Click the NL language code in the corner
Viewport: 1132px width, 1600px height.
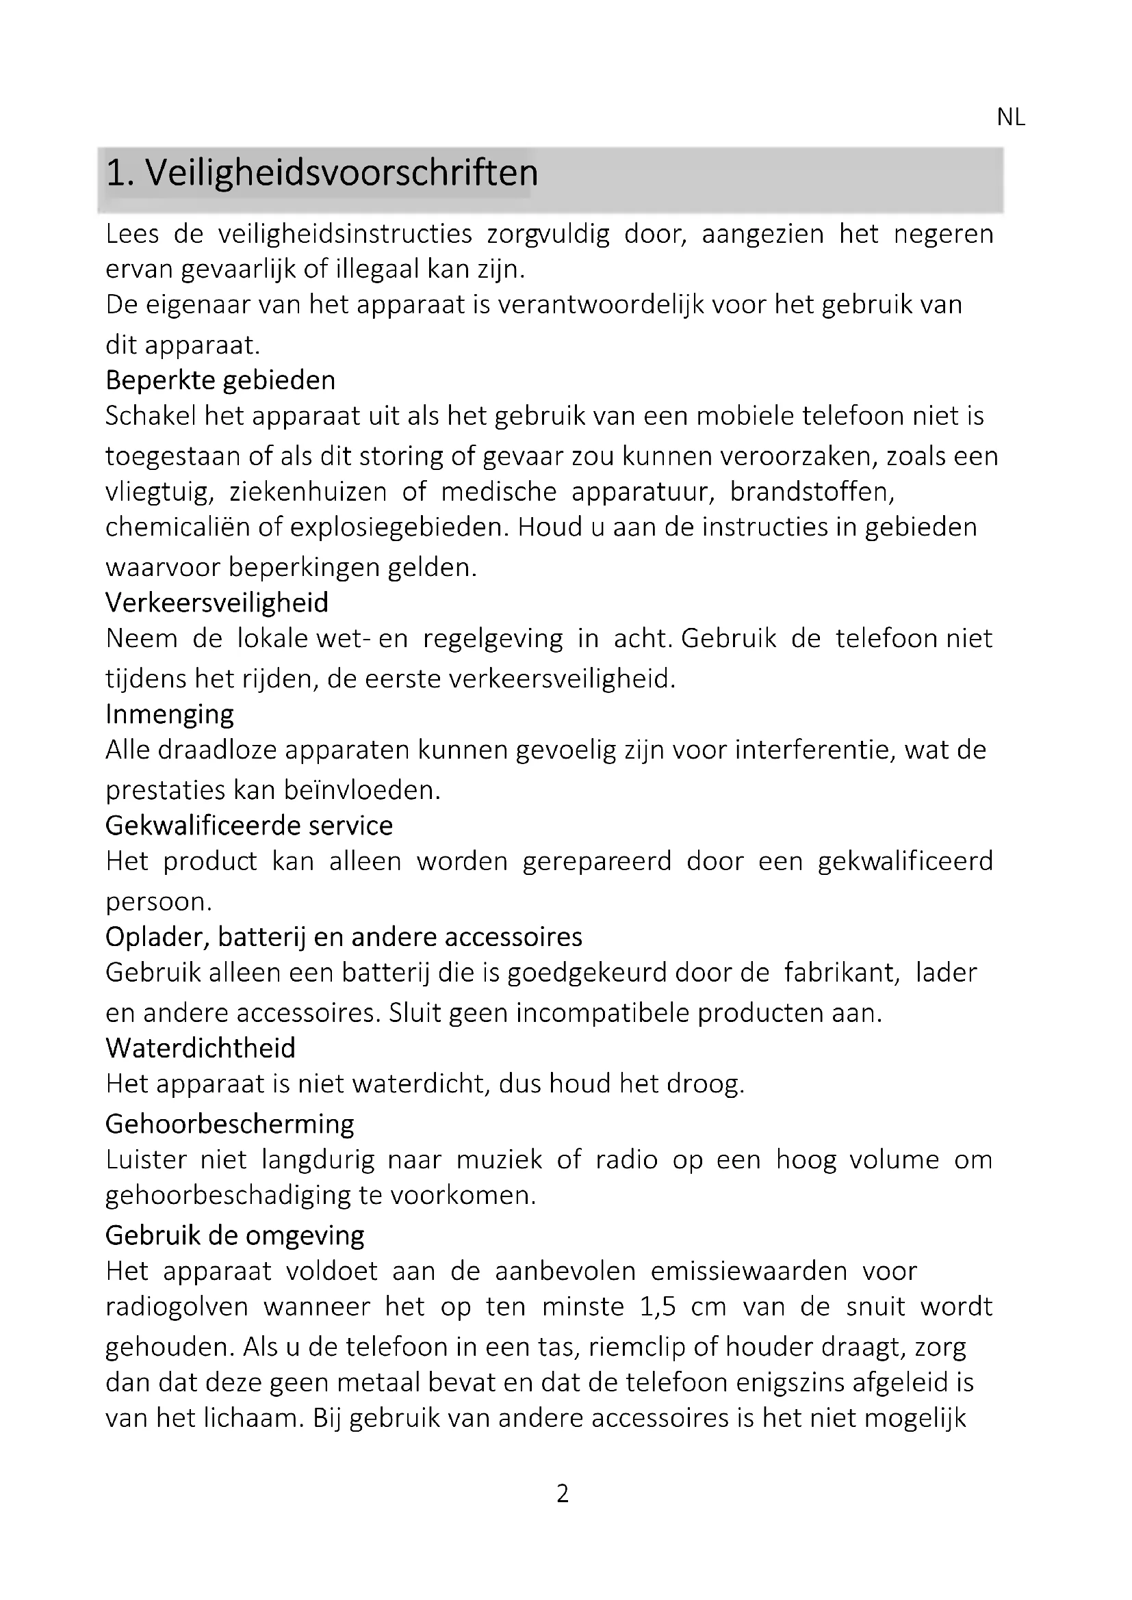1010,118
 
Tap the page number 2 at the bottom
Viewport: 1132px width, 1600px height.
563,1493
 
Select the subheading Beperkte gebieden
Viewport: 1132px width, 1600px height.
220,380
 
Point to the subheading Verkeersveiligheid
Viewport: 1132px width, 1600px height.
217,603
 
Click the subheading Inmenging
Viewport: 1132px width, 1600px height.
169,714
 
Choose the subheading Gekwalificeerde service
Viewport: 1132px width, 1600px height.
249,826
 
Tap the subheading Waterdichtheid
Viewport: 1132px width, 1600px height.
201,1048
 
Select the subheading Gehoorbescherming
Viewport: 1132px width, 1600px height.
229,1124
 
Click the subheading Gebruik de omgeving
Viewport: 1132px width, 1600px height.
235,1235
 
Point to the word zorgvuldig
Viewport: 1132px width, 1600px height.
548,234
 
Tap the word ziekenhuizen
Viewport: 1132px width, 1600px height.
307,492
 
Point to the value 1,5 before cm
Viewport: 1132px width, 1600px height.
658,1306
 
